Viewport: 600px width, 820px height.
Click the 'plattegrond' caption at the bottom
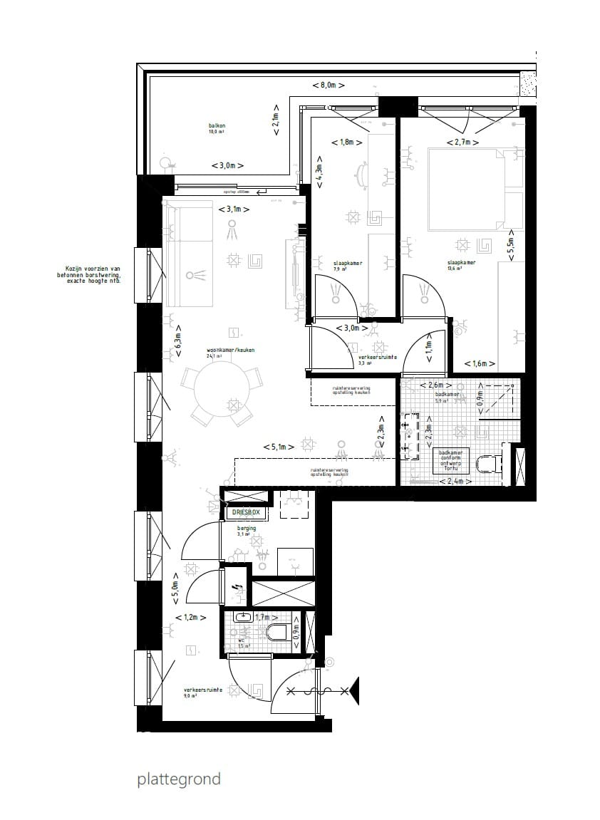179,779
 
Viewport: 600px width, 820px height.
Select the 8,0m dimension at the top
329,85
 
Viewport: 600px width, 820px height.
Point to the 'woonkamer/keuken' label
230,351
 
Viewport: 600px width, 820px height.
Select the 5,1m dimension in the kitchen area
279,447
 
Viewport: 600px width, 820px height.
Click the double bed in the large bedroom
466,189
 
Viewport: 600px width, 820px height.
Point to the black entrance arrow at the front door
353,690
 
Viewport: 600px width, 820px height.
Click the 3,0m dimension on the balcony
227,165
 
